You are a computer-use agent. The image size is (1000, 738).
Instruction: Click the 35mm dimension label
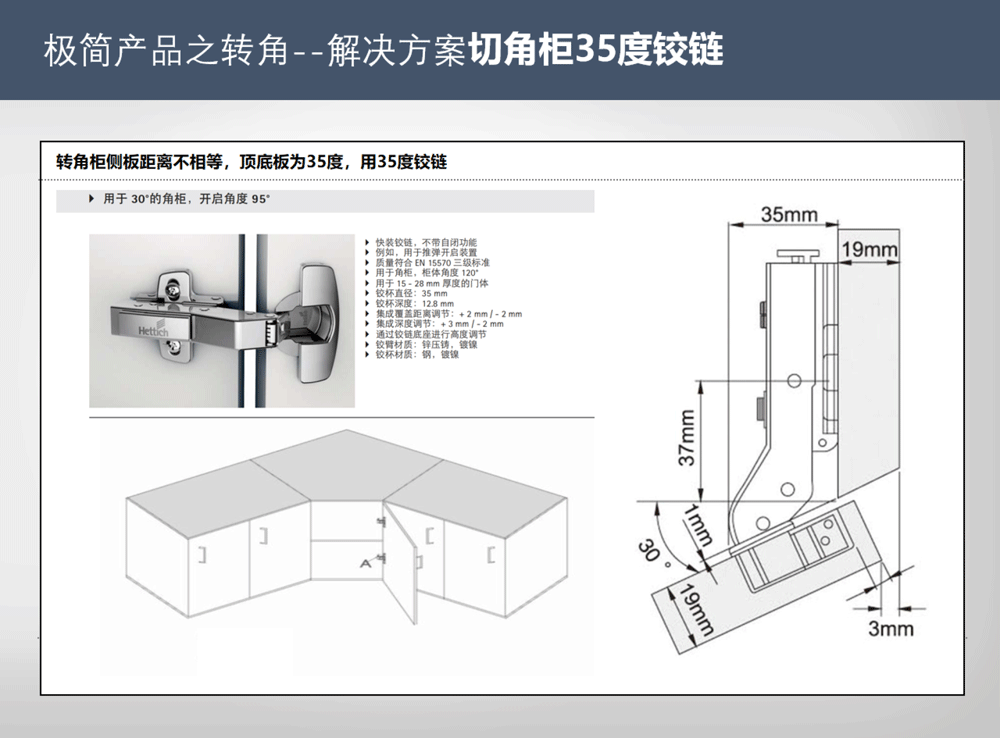click(789, 214)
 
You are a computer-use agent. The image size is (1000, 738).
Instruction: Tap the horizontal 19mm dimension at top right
click(868, 249)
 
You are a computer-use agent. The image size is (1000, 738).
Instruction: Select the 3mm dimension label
click(890, 628)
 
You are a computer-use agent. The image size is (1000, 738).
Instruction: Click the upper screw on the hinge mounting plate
click(176, 290)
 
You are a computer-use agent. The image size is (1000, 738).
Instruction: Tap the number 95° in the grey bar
click(261, 199)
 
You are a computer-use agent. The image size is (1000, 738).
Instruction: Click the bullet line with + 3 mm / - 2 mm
click(439, 324)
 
